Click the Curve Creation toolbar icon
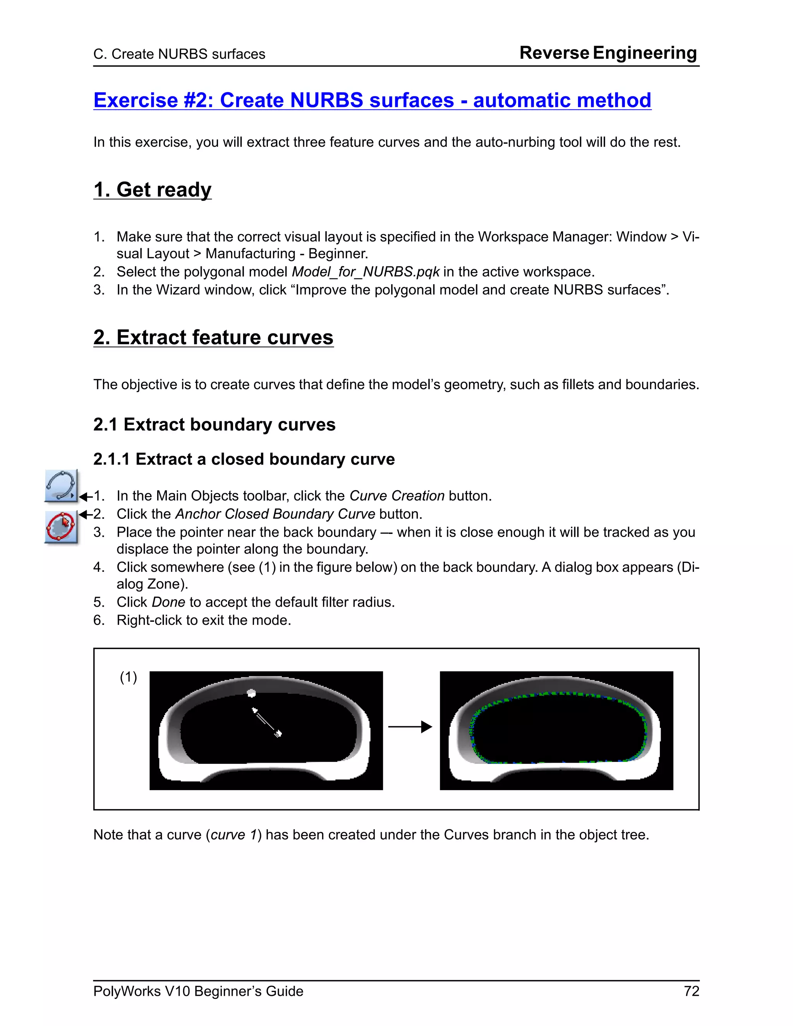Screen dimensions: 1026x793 (x=61, y=486)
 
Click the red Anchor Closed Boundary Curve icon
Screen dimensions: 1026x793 (x=61, y=527)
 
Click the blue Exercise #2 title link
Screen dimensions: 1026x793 (x=372, y=101)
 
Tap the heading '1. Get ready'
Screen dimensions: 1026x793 (x=152, y=190)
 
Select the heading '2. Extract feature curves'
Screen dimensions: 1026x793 (x=213, y=337)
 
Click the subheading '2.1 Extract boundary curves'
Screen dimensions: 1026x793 (x=214, y=425)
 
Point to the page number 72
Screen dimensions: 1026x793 (x=692, y=991)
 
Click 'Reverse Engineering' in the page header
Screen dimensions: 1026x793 (x=608, y=53)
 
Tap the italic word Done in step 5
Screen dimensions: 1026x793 (x=168, y=602)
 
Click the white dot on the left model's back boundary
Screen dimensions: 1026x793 (x=251, y=693)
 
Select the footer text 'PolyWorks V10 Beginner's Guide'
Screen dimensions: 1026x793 (x=198, y=991)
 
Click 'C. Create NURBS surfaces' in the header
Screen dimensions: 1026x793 (x=179, y=55)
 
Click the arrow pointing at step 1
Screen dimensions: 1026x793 (x=86, y=497)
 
